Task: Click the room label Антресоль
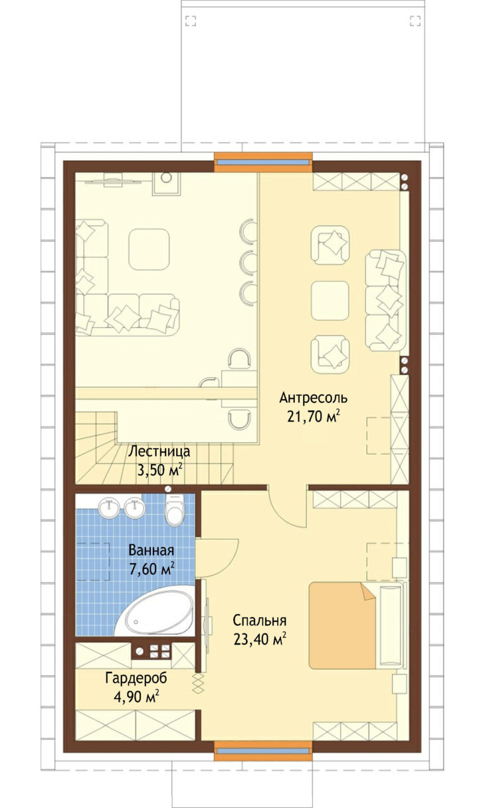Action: (313, 398)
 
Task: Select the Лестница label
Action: (159, 451)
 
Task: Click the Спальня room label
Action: (260, 620)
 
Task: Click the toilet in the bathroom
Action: (175, 509)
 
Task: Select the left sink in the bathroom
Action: (108, 507)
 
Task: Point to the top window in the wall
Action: (263, 162)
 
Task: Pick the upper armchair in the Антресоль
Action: (330, 245)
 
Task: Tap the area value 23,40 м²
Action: (260, 639)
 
